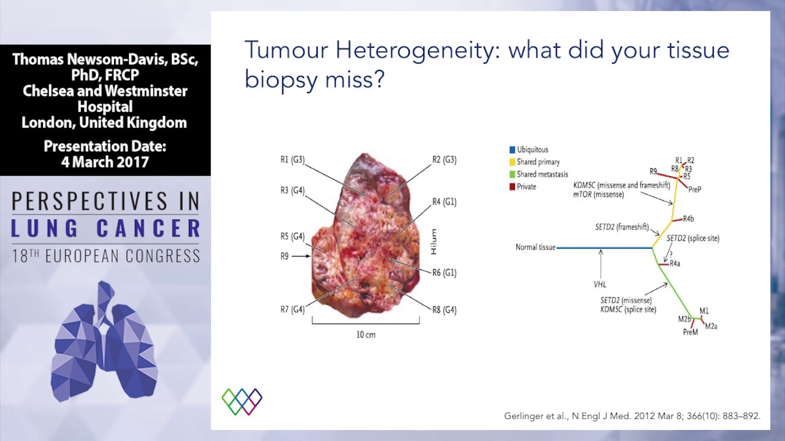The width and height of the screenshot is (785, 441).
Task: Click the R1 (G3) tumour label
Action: point(292,160)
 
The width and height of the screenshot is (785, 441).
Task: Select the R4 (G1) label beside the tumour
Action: point(444,202)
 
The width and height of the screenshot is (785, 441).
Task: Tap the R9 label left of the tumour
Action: point(285,256)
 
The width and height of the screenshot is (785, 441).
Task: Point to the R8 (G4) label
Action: point(444,310)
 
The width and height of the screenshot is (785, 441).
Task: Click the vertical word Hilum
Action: point(434,242)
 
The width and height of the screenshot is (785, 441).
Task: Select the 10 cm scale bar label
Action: point(366,334)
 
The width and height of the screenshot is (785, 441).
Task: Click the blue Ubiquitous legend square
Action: point(512,149)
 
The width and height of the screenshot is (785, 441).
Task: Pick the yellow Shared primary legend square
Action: point(512,162)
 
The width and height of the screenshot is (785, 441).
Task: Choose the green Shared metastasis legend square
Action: point(512,175)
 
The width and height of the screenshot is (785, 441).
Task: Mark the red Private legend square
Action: point(512,187)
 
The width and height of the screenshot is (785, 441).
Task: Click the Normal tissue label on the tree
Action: point(535,247)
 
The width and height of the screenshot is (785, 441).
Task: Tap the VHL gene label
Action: point(600,285)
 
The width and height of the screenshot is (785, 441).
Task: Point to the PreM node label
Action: point(690,332)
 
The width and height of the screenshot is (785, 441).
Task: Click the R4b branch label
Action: point(688,219)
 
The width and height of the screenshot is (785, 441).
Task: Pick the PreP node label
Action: point(694,190)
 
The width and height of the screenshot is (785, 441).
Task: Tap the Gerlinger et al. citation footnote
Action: point(632,416)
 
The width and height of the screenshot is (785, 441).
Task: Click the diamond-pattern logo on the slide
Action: point(242,401)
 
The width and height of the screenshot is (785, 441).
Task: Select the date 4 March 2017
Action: point(105,162)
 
